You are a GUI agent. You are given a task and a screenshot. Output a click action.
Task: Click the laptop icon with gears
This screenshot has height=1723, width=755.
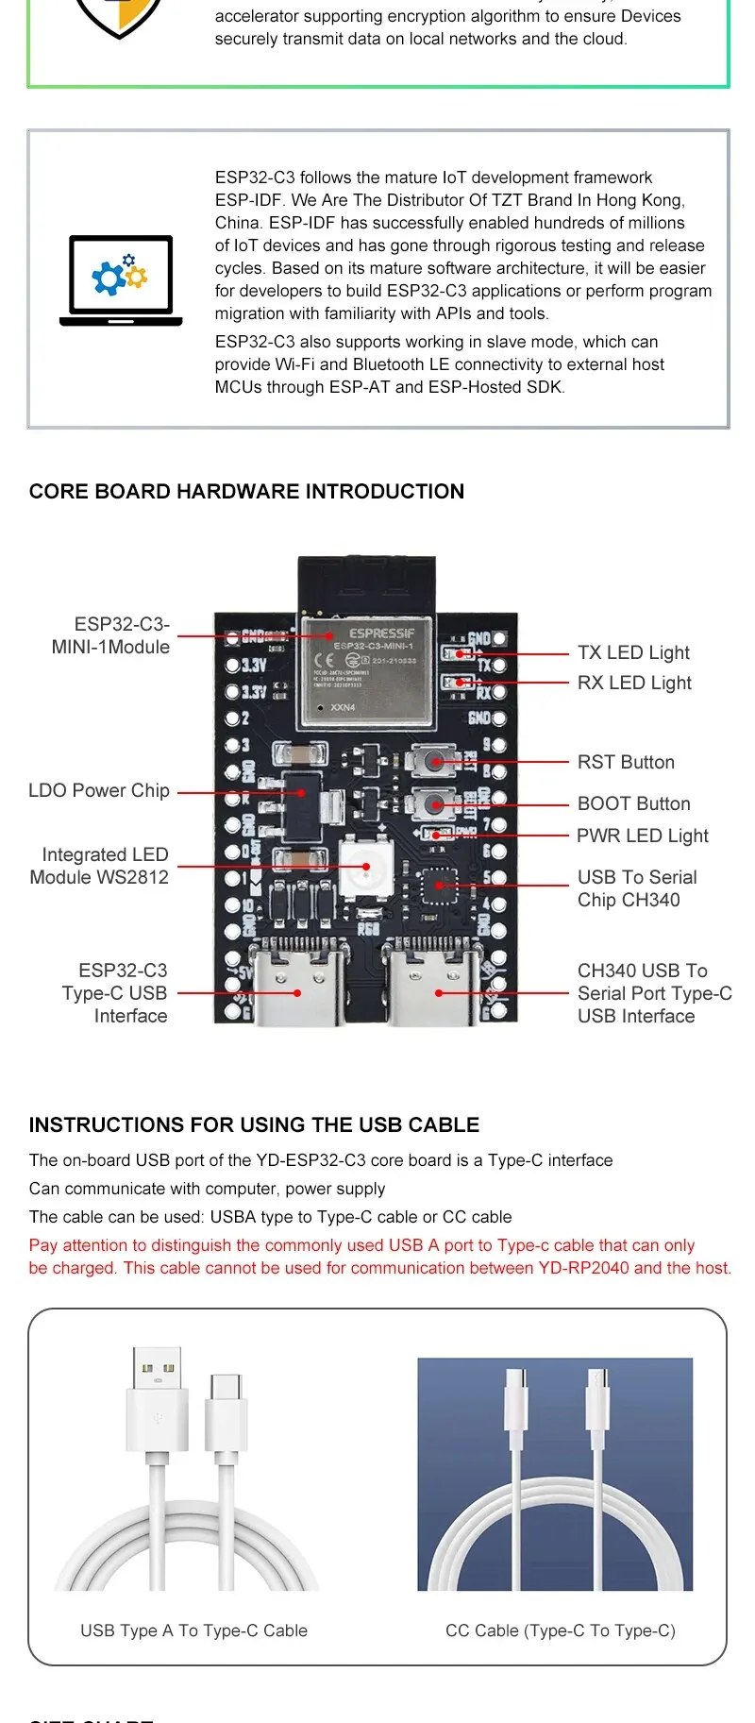(121, 280)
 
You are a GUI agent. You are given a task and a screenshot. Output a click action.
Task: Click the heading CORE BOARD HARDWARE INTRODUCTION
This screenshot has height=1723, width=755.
(246, 491)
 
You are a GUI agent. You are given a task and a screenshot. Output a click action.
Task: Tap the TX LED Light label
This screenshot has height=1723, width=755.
(633, 652)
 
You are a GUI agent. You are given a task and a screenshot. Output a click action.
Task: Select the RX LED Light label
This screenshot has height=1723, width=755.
(634, 683)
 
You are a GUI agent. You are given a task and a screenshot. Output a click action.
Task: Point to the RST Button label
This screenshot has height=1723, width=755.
(626, 762)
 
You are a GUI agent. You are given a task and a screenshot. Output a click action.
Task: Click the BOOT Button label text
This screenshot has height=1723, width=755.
(633, 803)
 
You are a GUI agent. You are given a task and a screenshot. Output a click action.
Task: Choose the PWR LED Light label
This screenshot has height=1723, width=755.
(643, 836)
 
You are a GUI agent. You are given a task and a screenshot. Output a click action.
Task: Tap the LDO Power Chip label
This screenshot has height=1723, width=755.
(99, 790)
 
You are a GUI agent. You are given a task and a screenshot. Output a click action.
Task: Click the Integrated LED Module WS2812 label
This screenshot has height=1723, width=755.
(100, 866)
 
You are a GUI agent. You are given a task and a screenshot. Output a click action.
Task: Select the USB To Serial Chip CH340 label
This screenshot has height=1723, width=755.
(637, 888)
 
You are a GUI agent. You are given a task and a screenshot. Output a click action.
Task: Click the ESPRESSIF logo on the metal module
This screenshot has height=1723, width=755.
(381, 633)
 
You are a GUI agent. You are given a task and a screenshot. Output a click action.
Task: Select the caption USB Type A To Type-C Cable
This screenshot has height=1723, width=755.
(193, 1630)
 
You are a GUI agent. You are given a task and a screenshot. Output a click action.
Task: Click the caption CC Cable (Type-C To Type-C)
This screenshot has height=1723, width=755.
(561, 1630)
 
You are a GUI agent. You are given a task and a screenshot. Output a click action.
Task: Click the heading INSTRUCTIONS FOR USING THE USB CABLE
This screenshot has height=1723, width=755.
(254, 1124)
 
